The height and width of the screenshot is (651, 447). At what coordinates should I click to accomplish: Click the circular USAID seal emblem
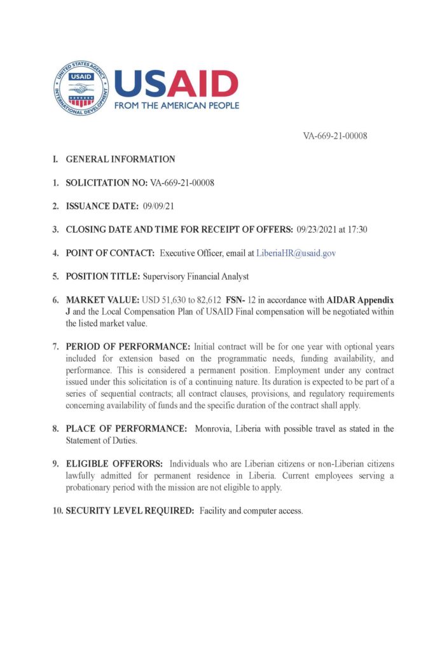(81, 88)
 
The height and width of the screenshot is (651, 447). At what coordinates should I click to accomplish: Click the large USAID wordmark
(176, 83)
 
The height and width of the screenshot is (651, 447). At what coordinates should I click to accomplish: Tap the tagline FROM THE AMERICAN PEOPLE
(177, 106)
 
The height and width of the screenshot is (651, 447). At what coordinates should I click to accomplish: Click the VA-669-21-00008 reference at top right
(335, 135)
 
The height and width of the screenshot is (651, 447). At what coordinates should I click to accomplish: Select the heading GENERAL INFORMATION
(120, 159)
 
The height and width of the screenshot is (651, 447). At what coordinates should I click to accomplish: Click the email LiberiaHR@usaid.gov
(296, 253)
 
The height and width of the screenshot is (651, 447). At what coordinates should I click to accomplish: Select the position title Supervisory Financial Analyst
(196, 277)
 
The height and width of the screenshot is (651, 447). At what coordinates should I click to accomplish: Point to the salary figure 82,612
(209, 299)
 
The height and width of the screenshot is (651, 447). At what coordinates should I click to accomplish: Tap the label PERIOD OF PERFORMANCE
(128, 346)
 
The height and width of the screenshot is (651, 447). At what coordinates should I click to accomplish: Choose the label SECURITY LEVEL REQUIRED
(130, 511)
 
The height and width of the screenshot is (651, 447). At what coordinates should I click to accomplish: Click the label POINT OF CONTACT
(110, 253)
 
